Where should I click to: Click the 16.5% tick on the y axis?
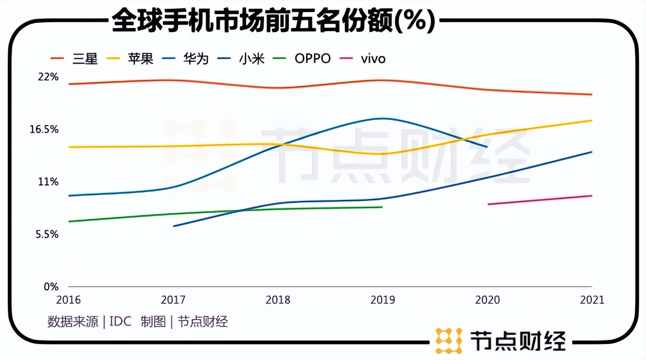[x=44, y=129]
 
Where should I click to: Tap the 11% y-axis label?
[x=48, y=182]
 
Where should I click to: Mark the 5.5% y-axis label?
[x=46, y=234]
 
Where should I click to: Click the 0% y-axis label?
[x=51, y=287]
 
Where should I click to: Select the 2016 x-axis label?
[x=69, y=300]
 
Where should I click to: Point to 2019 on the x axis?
[x=382, y=300]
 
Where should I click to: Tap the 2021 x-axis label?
[x=592, y=300]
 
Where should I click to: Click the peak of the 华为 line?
[x=383, y=118]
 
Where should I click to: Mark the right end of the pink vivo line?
[x=592, y=196]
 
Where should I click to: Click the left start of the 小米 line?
[x=174, y=226]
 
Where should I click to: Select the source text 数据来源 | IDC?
[x=89, y=321]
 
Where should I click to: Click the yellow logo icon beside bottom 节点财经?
[x=448, y=341]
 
